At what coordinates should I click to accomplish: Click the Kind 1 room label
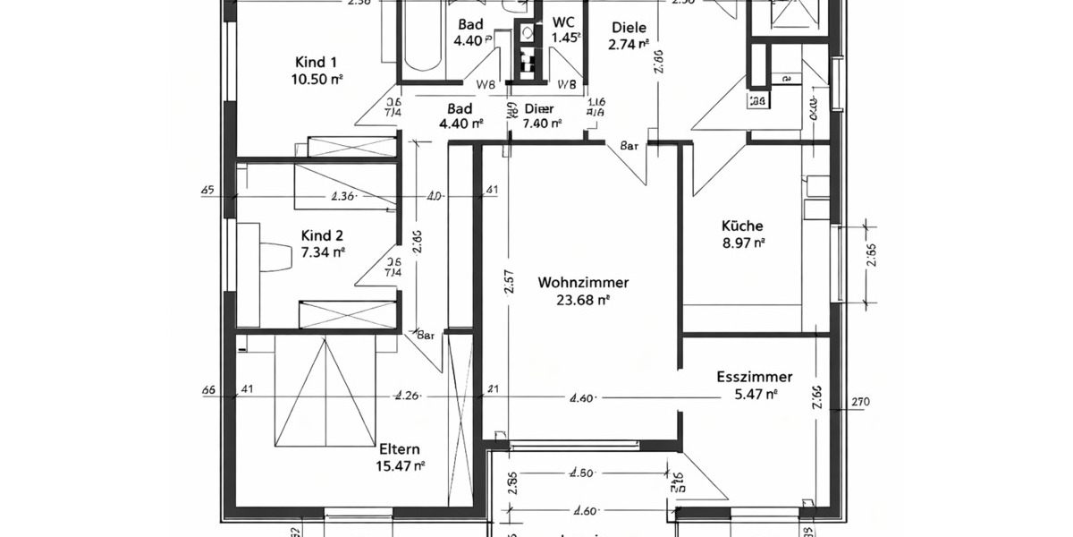point(316,62)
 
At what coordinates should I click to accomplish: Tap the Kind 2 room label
point(321,235)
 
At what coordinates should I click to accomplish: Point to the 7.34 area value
point(318,252)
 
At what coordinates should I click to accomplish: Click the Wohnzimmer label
point(583,283)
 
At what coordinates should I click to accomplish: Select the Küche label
point(743,226)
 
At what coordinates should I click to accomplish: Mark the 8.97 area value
point(743,243)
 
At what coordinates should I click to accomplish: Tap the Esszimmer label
point(755,377)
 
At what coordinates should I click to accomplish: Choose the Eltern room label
point(399,449)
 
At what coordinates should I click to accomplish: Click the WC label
point(564,22)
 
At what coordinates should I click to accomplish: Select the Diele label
point(628,28)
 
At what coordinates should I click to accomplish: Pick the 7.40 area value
point(540,124)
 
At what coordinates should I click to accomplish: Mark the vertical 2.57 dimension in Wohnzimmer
point(509,283)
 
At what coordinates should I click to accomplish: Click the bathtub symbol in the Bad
point(423,40)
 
